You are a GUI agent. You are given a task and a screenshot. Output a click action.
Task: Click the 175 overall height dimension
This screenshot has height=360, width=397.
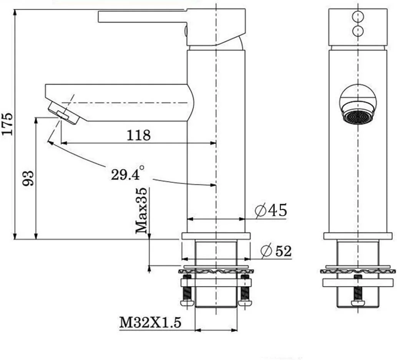coord(7,124)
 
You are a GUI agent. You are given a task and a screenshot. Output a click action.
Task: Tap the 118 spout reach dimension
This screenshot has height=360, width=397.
coord(138,135)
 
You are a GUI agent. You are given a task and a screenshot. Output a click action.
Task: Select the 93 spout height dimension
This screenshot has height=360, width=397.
coord(28,178)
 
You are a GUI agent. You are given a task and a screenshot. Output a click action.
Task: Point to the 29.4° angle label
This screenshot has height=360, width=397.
coord(128,173)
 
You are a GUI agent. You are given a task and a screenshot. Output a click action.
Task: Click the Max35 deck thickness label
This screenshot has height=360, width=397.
coord(141,210)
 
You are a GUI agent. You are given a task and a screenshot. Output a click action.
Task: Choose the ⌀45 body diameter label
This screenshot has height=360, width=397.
coord(271,210)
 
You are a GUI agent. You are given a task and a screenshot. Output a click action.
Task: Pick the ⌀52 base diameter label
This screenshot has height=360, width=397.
coord(276,251)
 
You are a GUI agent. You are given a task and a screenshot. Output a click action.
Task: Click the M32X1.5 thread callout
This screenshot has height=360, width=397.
coord(150,323)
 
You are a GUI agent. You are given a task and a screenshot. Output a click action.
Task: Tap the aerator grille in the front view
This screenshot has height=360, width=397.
coord(357,117)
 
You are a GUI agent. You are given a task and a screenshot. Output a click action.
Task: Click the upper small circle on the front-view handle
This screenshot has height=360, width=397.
coord(358,17)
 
